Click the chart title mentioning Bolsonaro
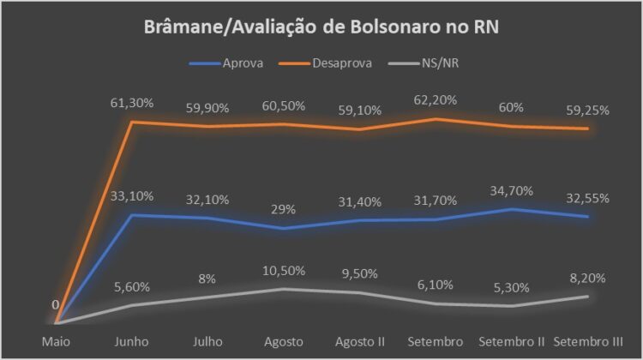[x=321, y=27]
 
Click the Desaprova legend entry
[x=332, y=63]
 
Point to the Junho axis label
[x=132, y=342]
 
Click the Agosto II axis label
[x=360, y=342]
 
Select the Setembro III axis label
[x=589, y=342]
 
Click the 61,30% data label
[x=133, y=103]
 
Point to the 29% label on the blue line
[x=284, y=209]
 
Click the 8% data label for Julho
[x=208, y=279]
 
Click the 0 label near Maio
[x=55, y=304]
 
